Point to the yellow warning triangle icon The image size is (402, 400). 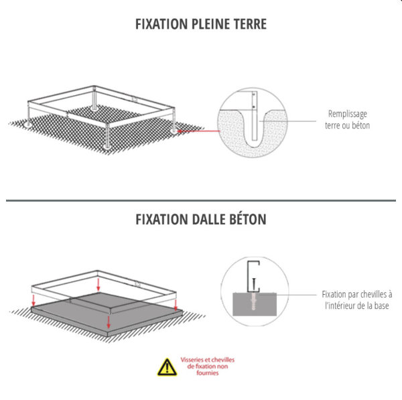point(167,367)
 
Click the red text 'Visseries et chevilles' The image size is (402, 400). point(208,360)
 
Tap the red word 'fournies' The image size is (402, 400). point(208,373)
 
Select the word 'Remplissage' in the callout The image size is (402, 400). point(347,114)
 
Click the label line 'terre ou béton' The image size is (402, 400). point(347,126)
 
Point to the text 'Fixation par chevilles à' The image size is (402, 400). point(357,294)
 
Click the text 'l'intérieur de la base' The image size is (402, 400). point(357,306)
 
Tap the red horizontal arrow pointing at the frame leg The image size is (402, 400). point(199,131)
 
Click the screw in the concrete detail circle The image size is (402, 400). point(254,284)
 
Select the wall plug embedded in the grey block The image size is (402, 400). point(253,302)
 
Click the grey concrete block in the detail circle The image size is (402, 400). point(255,304)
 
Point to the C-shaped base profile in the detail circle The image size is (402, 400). point(248,277)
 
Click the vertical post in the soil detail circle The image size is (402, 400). point(255,116)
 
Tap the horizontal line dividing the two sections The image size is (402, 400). point(201,200)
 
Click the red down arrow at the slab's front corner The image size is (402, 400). point(109,322)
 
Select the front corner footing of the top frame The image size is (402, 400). point(107,147)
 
